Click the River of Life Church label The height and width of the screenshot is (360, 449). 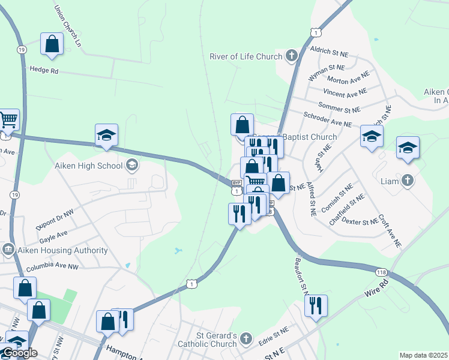tap(246, 57)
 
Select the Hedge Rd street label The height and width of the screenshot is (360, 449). tap(44, 70)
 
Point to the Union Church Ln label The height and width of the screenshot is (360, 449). tap(67, 26)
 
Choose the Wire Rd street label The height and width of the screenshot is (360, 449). tap(376, 290)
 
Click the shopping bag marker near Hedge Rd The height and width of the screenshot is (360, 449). tap(52, 44)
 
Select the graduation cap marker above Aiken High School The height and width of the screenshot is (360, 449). tap(106, 135)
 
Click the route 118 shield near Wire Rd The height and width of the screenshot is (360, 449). tap(381, 272)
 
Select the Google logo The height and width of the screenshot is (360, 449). tap(20, 352)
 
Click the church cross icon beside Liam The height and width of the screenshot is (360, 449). tap(408, 179)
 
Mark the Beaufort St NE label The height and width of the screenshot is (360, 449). tap(301, 276)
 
